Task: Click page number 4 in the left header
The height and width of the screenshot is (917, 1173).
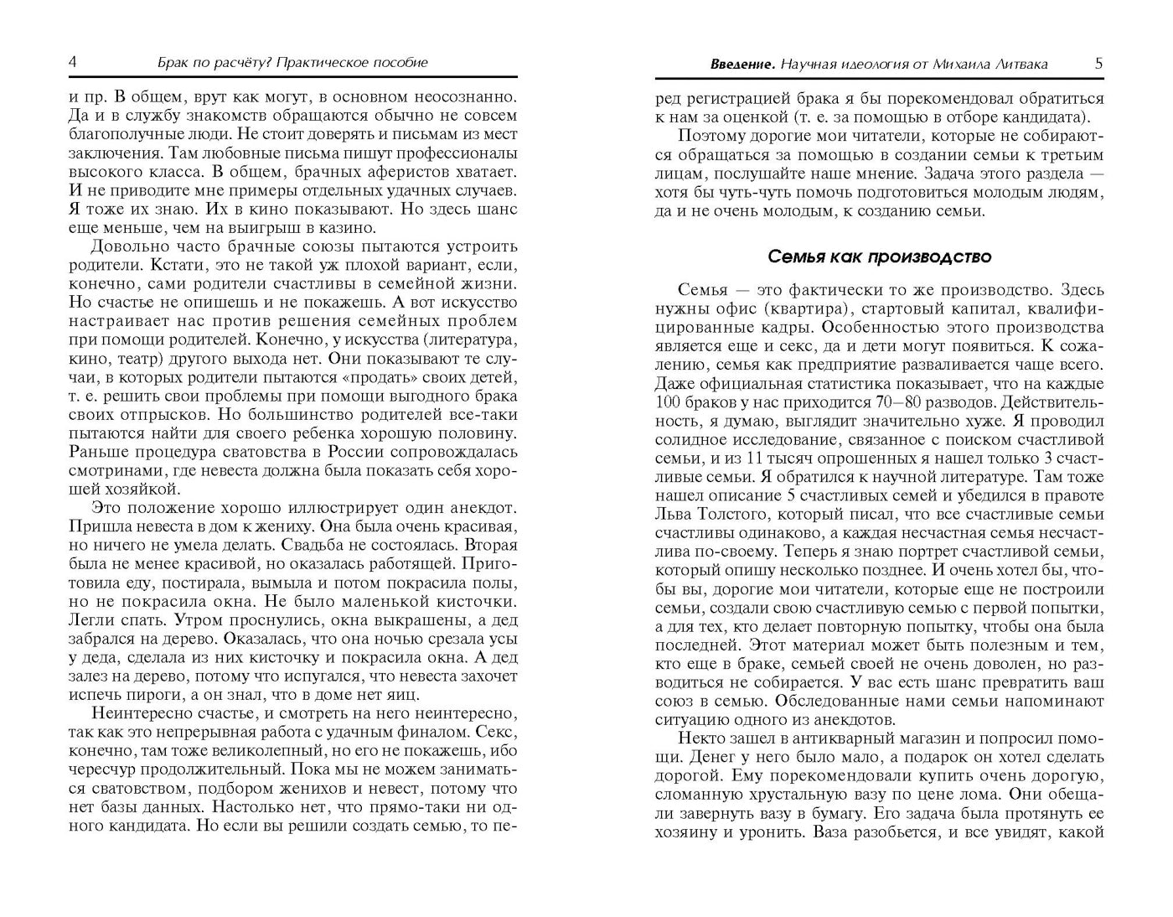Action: tap(72, 62)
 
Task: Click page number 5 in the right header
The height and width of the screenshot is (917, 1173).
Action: tap(1098, 64)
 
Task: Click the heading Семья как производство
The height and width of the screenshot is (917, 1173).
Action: tap(879, 256)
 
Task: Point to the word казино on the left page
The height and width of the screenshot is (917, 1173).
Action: tap(349, 227)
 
